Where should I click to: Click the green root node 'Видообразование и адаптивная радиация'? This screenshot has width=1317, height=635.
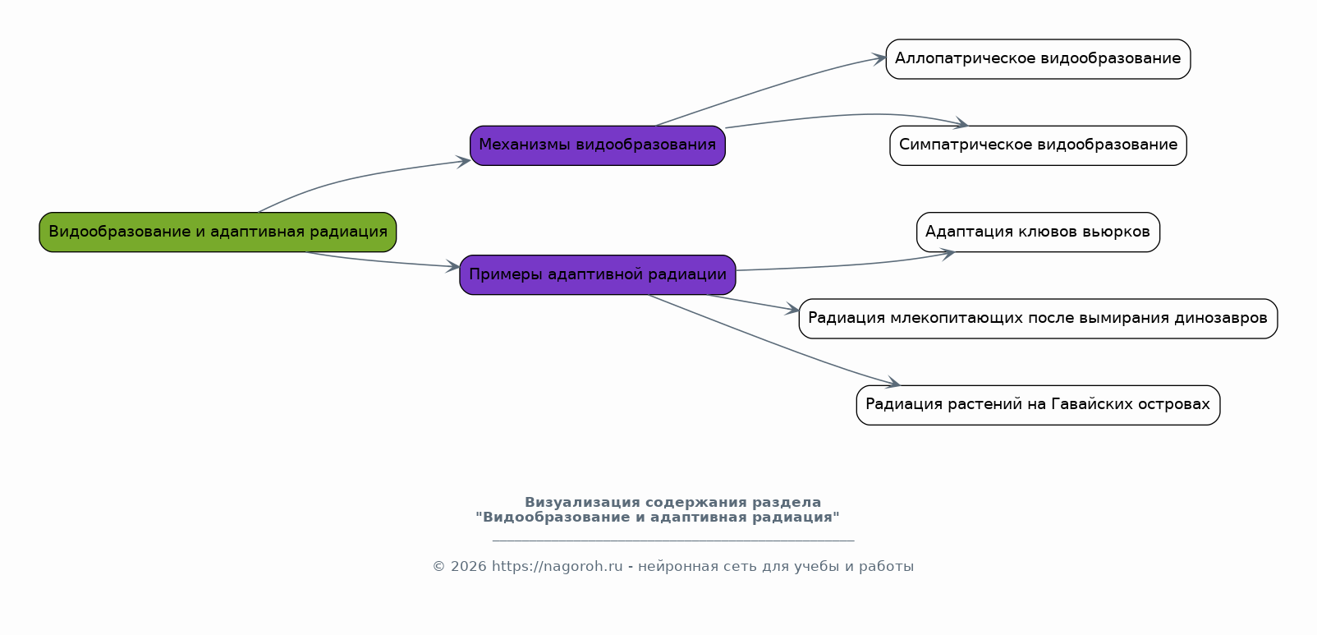pyautogui.click(x=218, y=232)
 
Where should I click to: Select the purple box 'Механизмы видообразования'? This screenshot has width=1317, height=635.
pyautogui.click(x=598, y=145)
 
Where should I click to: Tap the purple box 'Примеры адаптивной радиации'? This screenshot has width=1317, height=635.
pyautogui.click(x=598, y=274)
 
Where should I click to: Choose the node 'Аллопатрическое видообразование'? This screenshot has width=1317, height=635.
pyautogui.click(x=1038, y=59)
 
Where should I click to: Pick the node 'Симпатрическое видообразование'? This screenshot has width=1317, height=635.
pyautogui.click(x=1038, y=145)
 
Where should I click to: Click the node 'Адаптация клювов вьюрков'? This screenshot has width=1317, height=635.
pyautogui.click(x=1038, y=232)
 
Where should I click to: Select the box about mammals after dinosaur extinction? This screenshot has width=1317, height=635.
pyautogui.click(x=1038, y=319)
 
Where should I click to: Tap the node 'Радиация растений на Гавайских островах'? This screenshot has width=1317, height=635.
pyautogui.click(x=1038, y=405)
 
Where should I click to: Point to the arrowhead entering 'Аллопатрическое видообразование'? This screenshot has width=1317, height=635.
pyautogui.click(x=879, y=58)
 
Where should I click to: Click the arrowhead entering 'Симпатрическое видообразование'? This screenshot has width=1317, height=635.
pyautogui.click(x=961, y=123)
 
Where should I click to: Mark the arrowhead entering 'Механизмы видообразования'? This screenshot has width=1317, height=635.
pyautogui.click(x=463, y=161)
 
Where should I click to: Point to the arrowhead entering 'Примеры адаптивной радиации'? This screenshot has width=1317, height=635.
pyautogui.click(x=452, y=266)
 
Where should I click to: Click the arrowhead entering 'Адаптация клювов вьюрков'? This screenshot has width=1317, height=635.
pyautogui.click(x=948, y=253)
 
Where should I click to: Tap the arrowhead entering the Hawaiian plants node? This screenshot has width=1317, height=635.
pyautogui.click(x=893, y=383)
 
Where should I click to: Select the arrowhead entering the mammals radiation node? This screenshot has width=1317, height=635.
pyautogui.click(x=792, y=309)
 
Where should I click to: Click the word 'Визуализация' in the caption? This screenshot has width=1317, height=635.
pyautogui.click(x=582, y=503)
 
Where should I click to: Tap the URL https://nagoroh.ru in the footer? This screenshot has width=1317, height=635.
pyautogui.click(x=557, y=567)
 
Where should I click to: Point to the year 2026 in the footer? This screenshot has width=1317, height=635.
pyautogui.click(x=469, y=567)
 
